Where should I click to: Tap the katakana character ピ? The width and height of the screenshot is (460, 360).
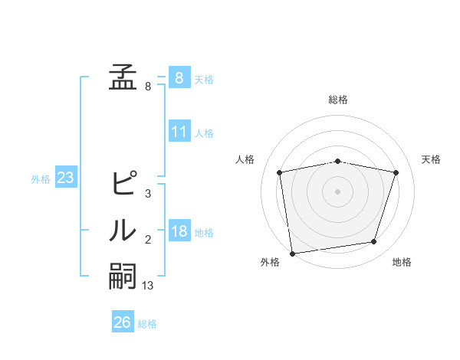click(x=123, y=184)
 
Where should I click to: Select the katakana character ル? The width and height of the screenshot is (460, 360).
click(x=123, y=231)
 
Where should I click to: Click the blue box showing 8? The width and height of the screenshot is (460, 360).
click(x=179, y=77)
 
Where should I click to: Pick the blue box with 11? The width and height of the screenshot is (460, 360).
click(x=179, y=132)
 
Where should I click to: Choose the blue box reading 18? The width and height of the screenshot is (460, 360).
click(x=179, y=231)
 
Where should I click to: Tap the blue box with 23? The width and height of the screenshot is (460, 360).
click(x=66, y=178)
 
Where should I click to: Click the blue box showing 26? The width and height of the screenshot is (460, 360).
click(x=123, y=322)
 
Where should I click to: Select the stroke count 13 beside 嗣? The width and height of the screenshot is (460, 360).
click(x=148, y=286)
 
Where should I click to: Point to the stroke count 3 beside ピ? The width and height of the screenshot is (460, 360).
click(x=148, y=194)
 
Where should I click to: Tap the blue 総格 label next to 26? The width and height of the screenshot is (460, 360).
click(x=147, y=324)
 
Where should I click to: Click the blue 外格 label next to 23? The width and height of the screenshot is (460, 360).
click(x=41, y=179)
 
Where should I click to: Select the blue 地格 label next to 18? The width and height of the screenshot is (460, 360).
click(x=204, y=232)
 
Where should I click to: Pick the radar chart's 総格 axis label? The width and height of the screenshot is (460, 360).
click(x=338, y=100)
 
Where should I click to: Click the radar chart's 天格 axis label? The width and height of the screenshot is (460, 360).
click(x=432, y=159)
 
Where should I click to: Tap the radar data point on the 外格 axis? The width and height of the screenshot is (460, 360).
click(x=291, y=253)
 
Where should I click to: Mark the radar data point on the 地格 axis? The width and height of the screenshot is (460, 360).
click(x=374, y=242)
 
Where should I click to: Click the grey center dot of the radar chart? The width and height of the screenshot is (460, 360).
click(x=338, y=191)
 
